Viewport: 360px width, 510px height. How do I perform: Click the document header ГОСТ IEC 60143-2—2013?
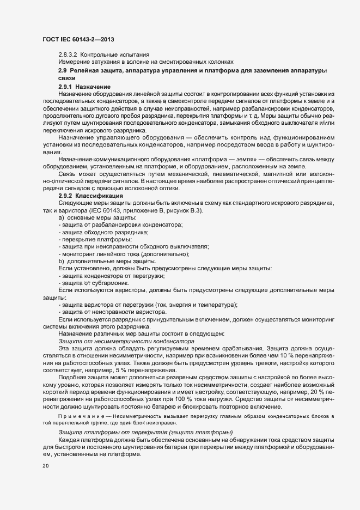pos(78,39)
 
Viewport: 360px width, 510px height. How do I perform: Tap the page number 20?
pos(45,466)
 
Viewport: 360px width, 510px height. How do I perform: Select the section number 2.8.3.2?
pos(68,54)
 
